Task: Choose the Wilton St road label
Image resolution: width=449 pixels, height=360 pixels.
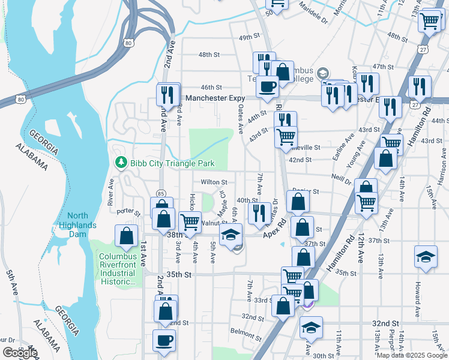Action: click(x=214, y=182)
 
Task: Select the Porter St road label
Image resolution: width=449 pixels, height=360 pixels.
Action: click(x=128, y=211)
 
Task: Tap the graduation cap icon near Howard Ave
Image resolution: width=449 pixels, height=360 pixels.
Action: click(x=426, y=256)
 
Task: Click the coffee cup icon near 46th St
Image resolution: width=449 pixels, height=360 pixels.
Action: click(x=268, y=86)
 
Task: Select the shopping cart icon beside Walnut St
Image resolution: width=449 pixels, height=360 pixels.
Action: click(x=190, y=221)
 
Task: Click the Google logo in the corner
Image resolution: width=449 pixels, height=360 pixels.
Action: click(x=19, y=353)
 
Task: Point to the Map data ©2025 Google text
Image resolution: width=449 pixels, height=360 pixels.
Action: click(x=412, y=355)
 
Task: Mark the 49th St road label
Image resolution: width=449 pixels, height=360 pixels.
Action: click(x=248, y=37)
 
